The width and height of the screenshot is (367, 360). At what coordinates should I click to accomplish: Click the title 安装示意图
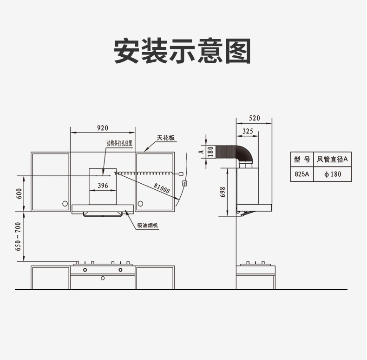click(x=183, y=51)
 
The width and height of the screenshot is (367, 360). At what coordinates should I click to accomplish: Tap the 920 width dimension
click(x=102, y=127)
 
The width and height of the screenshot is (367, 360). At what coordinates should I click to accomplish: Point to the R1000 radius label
click(x=161, y=188)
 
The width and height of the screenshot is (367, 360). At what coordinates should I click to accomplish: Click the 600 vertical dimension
click(x=19, y=193)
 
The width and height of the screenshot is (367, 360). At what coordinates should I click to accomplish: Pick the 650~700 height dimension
click(x=19, y=237)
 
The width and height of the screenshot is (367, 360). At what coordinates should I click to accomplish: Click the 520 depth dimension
click(x=254, y=118)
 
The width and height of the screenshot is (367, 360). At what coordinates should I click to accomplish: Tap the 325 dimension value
click(x=248, y=132)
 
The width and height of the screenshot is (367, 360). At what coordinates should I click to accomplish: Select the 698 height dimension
click(x=223, y=192)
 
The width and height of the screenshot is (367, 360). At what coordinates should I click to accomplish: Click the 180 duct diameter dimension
click(x=210, y=152)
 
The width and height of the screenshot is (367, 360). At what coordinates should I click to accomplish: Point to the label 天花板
click(x=165, y=138)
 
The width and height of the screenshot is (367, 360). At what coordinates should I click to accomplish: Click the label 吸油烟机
click(x=148, y=226)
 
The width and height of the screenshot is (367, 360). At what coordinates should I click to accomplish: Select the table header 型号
click(x=301, y=160)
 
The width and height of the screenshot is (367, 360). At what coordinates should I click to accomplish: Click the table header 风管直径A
click(x=332, y=160)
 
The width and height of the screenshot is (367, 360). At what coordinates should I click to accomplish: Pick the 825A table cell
click(x=301, y=174)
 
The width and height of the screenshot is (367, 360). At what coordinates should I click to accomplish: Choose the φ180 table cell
click(x=332, y=174)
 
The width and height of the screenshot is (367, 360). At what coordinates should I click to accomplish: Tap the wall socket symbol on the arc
click(x=184, y=183)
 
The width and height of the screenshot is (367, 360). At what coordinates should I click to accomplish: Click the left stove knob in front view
click(x=85, y=269)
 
